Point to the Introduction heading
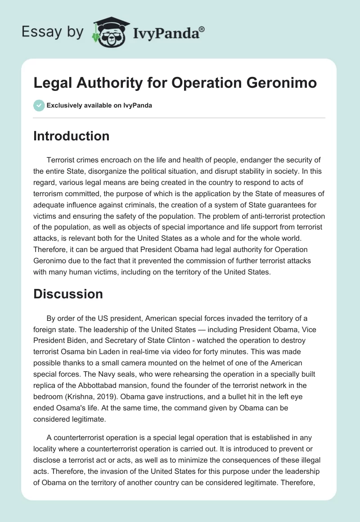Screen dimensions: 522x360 tap(71, 136)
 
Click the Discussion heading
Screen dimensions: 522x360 tap(68, 294)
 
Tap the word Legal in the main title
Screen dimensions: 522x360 tap(51, 83)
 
